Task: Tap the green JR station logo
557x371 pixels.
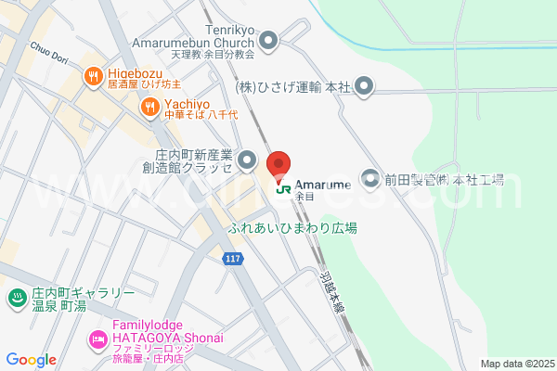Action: point(282,185)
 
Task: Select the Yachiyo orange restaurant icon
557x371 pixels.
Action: point(149,109)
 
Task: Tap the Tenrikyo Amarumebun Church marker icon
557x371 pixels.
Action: point(269,40)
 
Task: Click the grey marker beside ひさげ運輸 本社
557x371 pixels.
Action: point(365,88)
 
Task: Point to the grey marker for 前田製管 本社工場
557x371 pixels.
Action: point(370,177)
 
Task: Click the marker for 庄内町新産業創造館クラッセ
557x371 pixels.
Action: point(248,161)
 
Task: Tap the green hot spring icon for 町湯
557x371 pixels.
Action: point(17,298)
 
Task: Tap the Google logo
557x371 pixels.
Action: point(31,360)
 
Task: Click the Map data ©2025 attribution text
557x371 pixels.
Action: point(516,364)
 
